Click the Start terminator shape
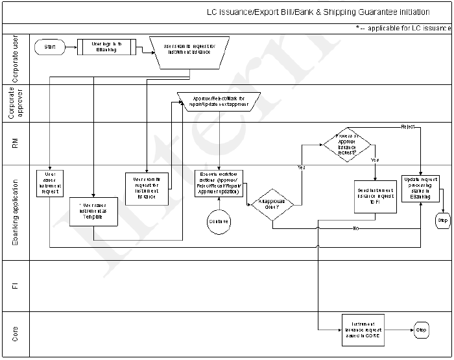(50, 47)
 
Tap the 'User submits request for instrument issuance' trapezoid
(189, 50)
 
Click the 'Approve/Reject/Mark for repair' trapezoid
(219, 101)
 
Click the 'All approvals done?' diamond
(272, 204)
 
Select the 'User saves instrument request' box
(50, 183)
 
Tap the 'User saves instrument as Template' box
(94, 211)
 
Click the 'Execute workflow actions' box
(219, 184)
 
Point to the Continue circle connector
(219, 221)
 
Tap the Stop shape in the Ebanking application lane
(442, 221)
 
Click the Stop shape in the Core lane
(420, 330)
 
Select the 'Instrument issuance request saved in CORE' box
(363, 329)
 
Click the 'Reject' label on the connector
(408, 126)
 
